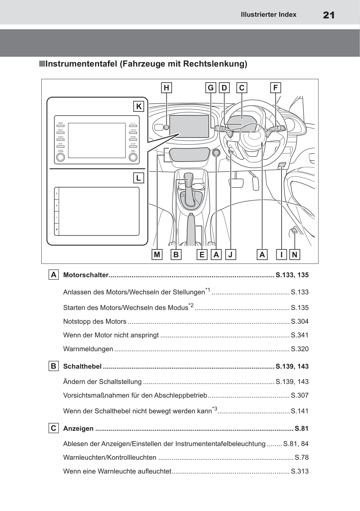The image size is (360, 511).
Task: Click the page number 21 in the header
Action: pos(329,15)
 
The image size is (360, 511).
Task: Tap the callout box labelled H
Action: pos(166,88)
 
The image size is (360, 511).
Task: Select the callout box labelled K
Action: pos(139,107)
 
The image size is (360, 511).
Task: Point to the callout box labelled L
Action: pos(138,178)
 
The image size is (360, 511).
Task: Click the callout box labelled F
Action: pos(275,88)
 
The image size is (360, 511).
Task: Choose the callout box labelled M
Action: pos(157,255)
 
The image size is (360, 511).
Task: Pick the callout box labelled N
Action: pos(295,255)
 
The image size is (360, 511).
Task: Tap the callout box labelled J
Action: pos(230,255)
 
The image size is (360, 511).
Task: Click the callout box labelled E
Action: pos(202,255)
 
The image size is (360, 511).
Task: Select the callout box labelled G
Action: pos(211,88)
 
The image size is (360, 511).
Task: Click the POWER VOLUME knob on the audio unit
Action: pos(61,158)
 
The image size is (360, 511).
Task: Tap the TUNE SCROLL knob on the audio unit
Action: pos(133,158)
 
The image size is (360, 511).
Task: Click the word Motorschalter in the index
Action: pos(86,275)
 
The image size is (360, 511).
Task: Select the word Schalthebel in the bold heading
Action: pos(82,366)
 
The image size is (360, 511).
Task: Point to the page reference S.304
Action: pos(299,321)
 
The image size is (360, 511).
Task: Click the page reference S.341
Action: pos(299,335)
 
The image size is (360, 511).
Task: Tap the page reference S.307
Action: pos(299,395)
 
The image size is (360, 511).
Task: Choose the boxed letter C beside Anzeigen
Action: pos(53,428)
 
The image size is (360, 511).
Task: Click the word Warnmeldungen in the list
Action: pos(88,349)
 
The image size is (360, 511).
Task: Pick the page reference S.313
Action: pos(299,471)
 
